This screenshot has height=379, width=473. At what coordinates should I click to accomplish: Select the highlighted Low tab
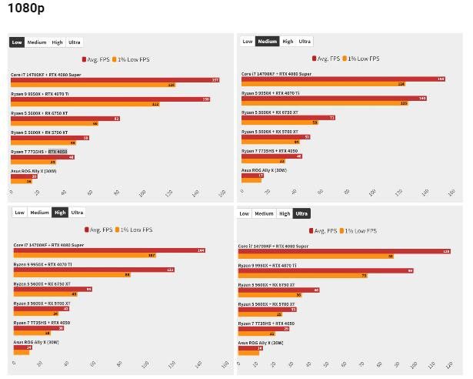[x=17, y=42]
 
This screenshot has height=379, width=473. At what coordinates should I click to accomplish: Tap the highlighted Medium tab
[x=267, y=42]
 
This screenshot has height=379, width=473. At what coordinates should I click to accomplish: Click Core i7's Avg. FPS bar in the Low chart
[x=115, y=79]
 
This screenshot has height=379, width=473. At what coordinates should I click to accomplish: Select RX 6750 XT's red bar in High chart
[x=52, y=289]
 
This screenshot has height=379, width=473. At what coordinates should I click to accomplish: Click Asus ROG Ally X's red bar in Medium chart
[x=252, y=176]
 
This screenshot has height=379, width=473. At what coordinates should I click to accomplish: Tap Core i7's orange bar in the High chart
[x=85, y=255]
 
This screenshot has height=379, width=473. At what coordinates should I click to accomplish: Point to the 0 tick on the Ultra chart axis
[x=239, y=361]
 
